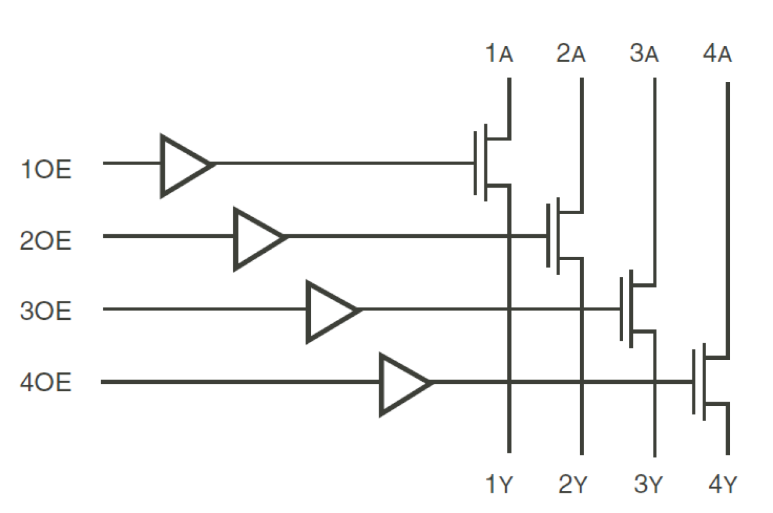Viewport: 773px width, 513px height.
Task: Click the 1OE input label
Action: [46, 170]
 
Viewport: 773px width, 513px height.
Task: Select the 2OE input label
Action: [46, 241]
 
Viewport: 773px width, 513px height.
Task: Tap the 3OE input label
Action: [46, 312]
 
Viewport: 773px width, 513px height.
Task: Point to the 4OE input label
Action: [46, 384]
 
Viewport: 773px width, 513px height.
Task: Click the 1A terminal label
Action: [499, 55]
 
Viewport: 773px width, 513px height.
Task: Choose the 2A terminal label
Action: [571, 55]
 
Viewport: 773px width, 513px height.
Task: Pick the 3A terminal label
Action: [644, 55]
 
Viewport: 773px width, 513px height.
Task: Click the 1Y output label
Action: [499, 486]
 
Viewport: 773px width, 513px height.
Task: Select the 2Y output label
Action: [572, 486]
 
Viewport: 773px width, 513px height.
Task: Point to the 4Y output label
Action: [718, 486]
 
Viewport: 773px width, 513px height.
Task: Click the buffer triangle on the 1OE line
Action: [183, 165]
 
